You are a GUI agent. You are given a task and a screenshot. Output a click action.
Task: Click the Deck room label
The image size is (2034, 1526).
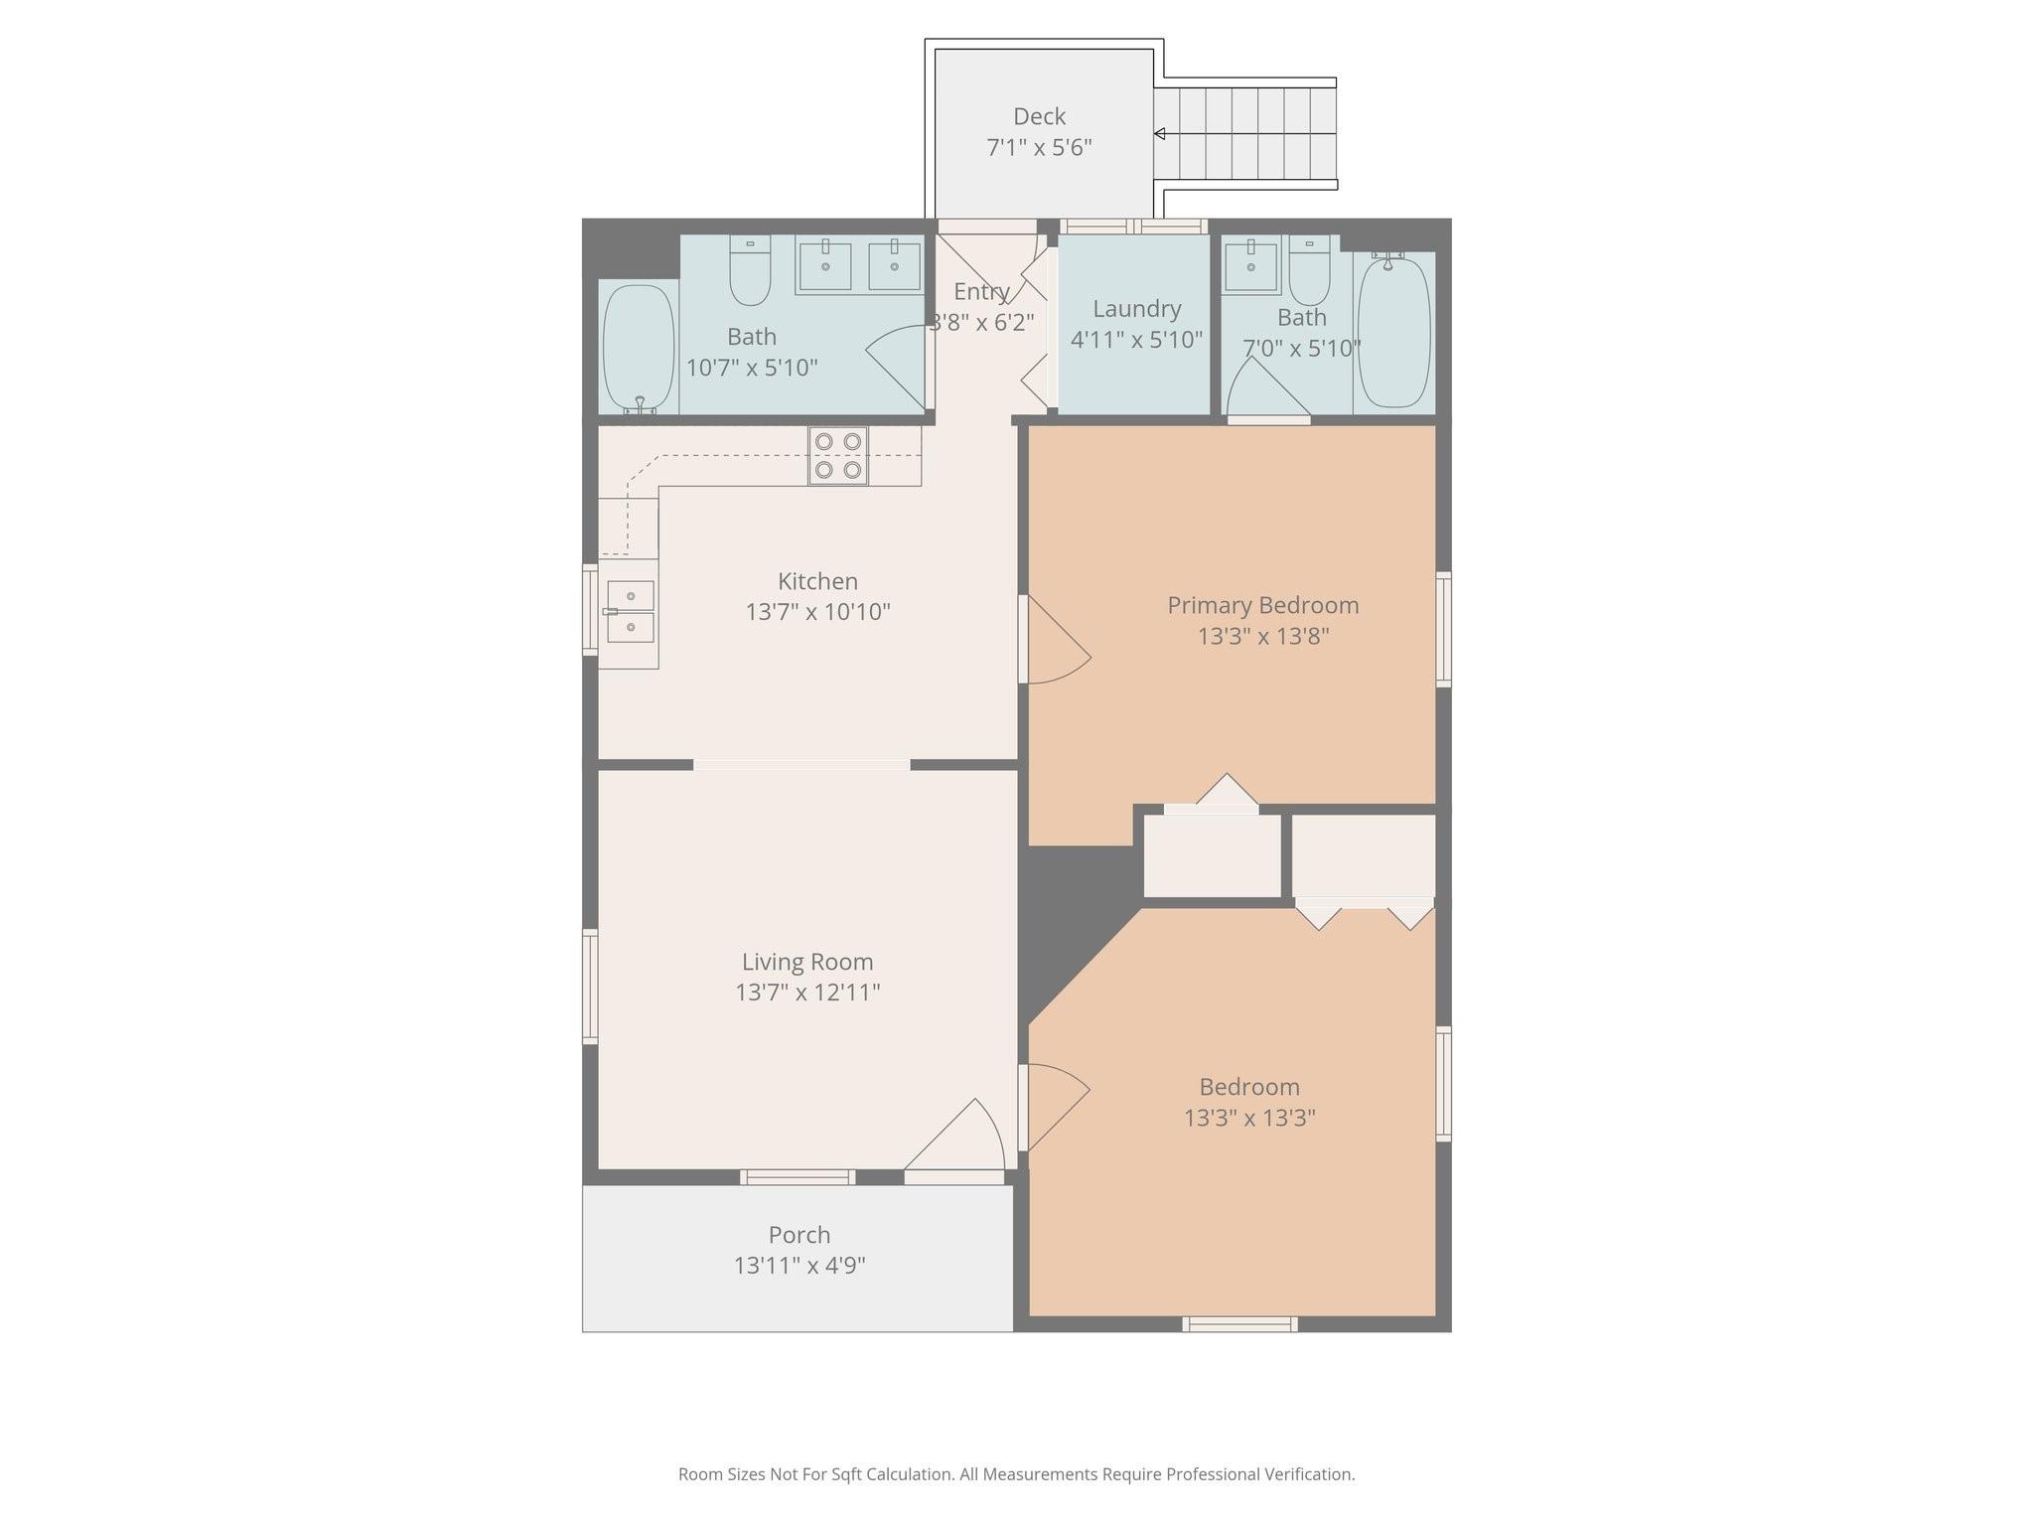click(1039, 117)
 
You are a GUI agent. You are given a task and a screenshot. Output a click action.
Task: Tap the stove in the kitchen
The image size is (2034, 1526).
click(838, 456)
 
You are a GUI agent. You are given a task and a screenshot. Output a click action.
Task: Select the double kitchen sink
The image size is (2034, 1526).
click(630, 611)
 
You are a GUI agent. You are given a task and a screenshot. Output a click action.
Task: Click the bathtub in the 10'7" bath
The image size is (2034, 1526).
click(639, 347)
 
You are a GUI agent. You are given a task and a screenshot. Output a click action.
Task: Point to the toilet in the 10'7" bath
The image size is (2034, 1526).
click(750, 270)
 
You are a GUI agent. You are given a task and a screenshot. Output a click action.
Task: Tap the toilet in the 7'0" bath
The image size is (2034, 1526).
click(1309, 270)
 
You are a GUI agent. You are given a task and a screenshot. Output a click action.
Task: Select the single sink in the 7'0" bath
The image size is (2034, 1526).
click(1250, 266)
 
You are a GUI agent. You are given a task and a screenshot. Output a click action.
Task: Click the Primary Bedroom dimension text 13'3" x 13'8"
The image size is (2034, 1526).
click(1263, 636)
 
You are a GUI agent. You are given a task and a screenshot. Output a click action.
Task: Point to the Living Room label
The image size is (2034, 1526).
click(807, 962)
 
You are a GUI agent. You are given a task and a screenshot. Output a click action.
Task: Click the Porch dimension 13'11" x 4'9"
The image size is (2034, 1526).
click(799, 1266)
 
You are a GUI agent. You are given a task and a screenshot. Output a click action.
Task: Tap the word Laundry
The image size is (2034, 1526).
click(1137, 310)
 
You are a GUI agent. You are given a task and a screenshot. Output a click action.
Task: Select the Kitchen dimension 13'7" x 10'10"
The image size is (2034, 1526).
click(818, 612)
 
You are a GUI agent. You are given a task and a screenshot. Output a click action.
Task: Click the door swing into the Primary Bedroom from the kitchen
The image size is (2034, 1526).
click(1059, 640)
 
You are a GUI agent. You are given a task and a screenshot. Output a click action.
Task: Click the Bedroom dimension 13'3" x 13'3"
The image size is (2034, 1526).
click(1249, 1119)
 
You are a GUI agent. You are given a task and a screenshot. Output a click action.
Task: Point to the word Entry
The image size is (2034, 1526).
click(981, 292)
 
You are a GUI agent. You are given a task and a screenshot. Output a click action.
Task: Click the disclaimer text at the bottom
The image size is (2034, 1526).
click(1016, 1474)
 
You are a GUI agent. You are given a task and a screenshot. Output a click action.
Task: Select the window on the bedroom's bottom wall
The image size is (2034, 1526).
click(1239, 1323)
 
